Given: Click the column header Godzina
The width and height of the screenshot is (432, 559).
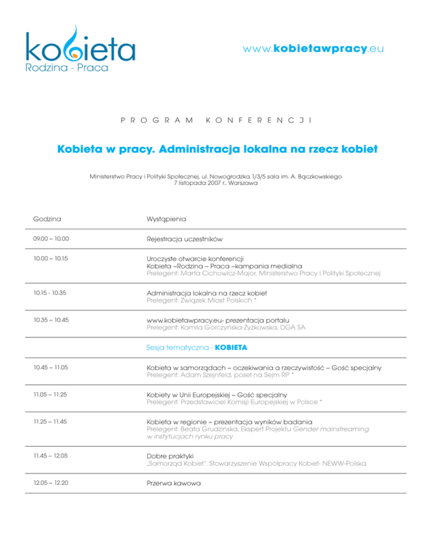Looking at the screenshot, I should click(x=47, y=218).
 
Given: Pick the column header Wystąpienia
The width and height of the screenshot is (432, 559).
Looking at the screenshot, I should click(x=166, y=218).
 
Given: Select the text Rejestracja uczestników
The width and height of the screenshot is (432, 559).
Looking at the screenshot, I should click(x=184, y=239).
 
